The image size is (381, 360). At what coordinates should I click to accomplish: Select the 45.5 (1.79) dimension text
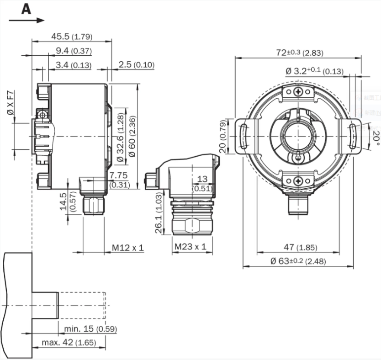[72, 36]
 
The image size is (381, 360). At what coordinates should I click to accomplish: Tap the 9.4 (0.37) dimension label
[74, 51]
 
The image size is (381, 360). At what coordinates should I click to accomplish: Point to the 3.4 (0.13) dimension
[73, 65]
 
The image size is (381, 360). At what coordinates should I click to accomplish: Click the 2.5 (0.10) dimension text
[136, 65]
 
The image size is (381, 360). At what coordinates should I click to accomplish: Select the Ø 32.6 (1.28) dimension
[120, 136]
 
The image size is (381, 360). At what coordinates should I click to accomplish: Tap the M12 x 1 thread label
[128, 248]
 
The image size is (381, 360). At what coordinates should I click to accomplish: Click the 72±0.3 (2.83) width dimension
[299, 53]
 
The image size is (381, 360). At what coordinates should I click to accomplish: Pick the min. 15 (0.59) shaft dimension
[90, 328]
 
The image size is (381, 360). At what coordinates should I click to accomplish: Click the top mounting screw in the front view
[298, 93]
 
